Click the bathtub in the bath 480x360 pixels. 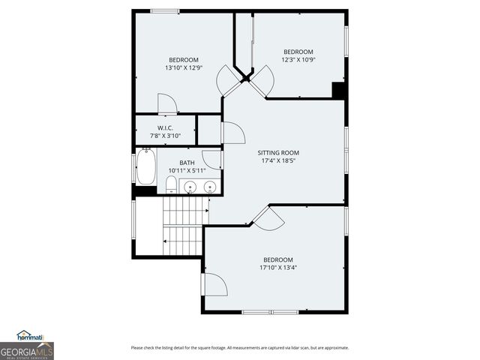145,167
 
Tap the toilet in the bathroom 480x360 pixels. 172,184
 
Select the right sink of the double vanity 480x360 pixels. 210,186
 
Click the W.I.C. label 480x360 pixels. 166,127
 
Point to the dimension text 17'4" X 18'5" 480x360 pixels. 279,160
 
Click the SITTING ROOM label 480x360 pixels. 279,152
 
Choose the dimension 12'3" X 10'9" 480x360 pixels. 298,60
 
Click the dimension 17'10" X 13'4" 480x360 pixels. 277,267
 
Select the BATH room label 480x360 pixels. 187,163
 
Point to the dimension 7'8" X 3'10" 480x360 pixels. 166,136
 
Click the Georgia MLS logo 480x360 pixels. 26,350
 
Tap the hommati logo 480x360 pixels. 30,335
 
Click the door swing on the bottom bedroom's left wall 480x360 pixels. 214,284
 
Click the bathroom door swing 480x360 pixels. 213,160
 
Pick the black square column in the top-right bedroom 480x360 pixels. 338,90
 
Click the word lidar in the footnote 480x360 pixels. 295,347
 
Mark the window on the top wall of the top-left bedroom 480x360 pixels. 164,10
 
